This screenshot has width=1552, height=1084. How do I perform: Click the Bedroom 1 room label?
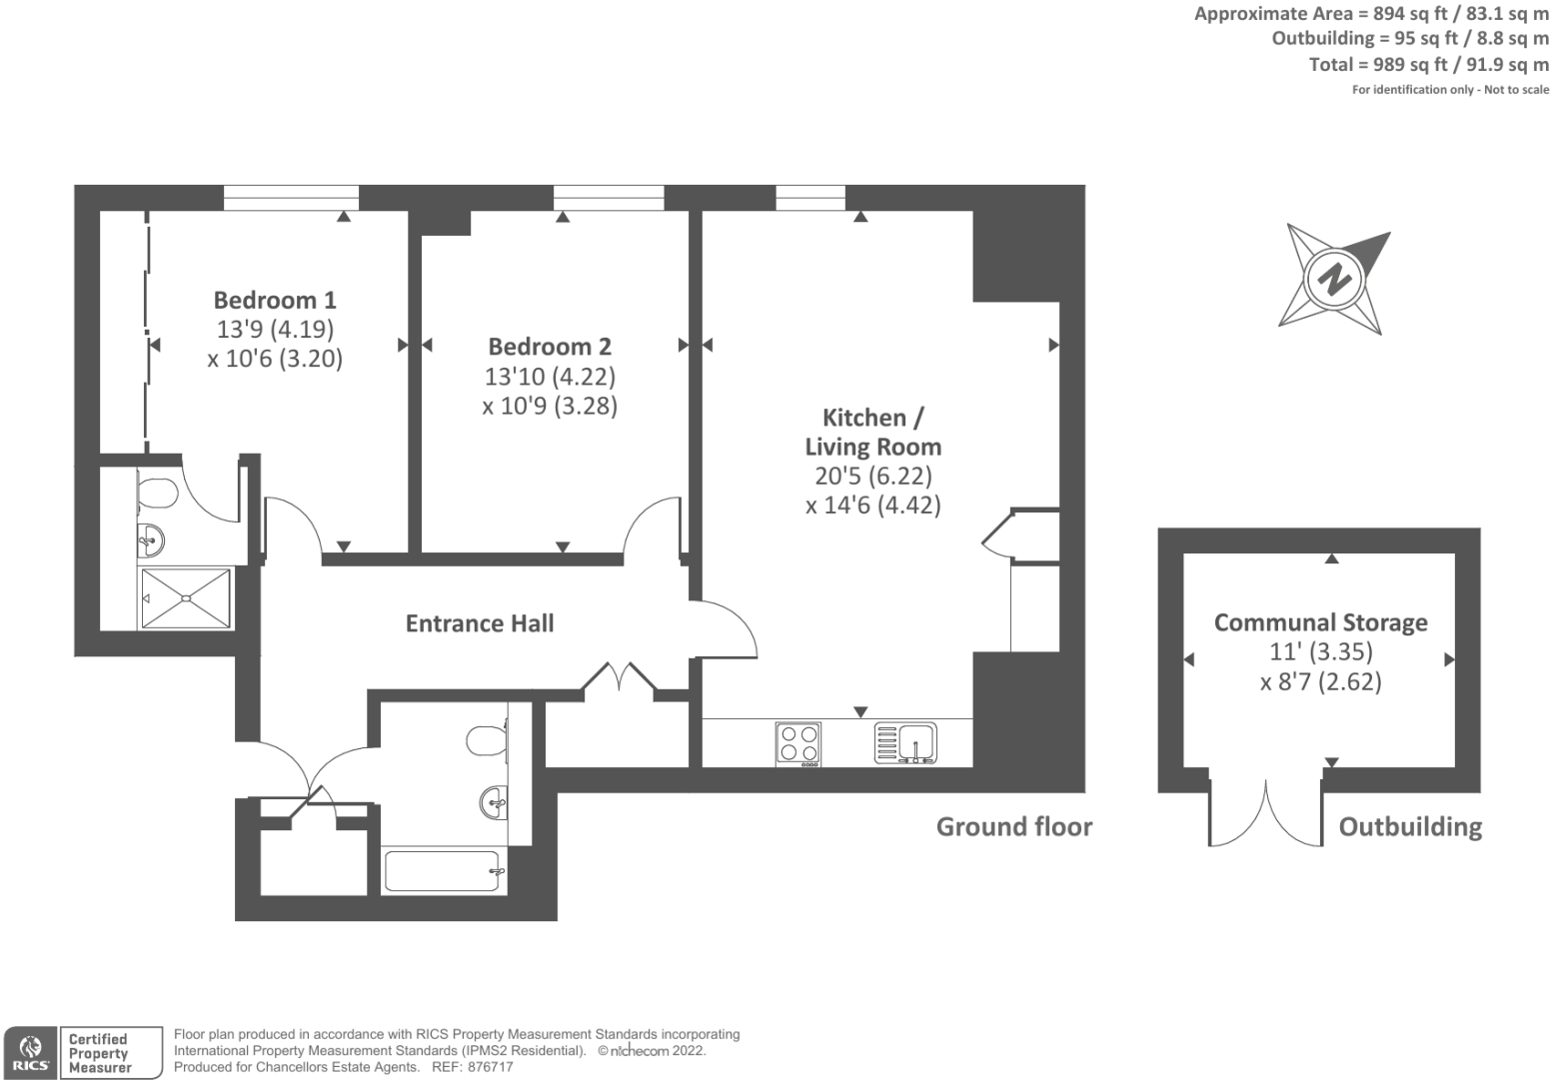(275, 300)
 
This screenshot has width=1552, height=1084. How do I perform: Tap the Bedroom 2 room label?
(550, 347)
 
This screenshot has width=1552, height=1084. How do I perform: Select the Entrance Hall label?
(480, 623)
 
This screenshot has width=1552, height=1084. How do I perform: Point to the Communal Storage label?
(1320, 622)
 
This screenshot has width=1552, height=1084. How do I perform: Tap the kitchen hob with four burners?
(798, 743)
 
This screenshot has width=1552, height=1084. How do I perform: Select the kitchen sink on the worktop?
(906, 743)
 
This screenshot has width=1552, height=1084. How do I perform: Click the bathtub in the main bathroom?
(444, 871)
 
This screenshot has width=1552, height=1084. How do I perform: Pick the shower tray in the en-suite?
(186, 598)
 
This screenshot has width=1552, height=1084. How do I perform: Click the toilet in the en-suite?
(157, 493)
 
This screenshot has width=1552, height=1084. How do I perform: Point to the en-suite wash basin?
(151, 542)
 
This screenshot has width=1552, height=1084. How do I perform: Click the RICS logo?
(30, 1053)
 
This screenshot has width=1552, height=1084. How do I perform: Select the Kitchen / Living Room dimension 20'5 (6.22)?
(872, 476)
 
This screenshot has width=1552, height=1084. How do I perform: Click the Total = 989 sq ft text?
(1428, 65)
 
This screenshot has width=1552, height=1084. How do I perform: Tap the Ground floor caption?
(1013, 827)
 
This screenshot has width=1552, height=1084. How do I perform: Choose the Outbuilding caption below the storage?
(1409, 827)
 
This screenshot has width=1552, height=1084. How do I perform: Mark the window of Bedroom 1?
(291, 197)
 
